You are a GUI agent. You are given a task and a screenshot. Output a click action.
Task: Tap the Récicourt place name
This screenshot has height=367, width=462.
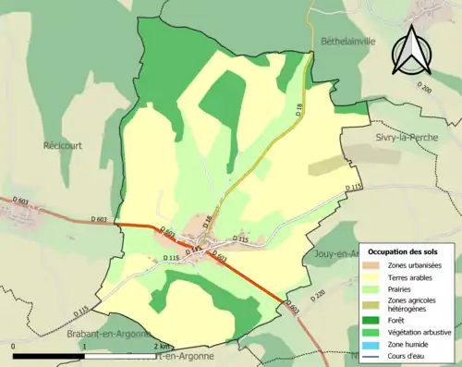(65, 145)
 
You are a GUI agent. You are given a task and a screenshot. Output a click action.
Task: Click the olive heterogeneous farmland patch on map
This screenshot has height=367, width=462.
(329, 165)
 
